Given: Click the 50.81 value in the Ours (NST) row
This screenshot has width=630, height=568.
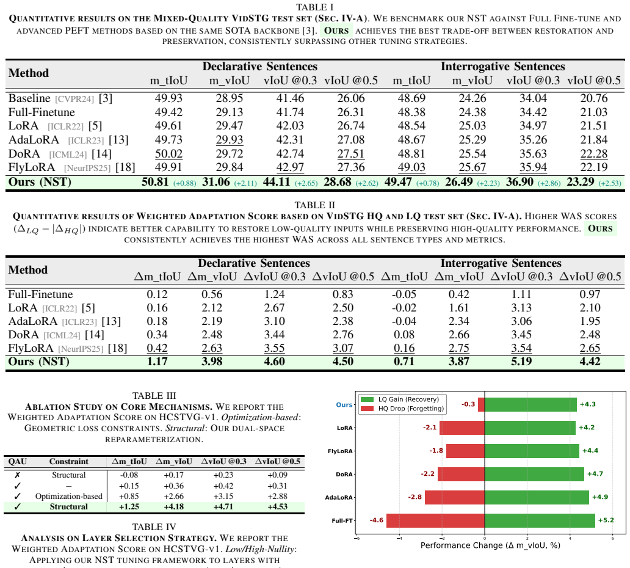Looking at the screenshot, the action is (155, 182).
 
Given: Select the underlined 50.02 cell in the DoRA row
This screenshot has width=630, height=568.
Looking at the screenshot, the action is (168, 154).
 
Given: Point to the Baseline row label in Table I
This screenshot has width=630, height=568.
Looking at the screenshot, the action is (29, 98).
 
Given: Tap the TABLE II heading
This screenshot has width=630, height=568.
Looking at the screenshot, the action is (315, 205).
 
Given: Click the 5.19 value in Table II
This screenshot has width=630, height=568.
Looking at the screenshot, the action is (521, 362).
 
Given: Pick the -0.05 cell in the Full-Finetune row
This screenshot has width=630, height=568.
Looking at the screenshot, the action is (404, 294).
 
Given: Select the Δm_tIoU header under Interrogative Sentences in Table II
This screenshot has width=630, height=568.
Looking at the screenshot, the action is (404, 277).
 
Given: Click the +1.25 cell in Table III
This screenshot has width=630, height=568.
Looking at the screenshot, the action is (129, 506).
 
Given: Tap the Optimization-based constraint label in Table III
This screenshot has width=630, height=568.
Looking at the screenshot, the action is (69, 497).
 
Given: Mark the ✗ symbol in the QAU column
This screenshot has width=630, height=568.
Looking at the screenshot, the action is (17, 475).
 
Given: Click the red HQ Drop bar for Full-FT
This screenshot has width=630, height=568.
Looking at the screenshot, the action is (435, 520).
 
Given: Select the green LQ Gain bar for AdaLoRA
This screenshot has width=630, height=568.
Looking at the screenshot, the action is (537, 497).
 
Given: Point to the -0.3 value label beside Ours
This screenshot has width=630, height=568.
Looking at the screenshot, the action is (468, 404).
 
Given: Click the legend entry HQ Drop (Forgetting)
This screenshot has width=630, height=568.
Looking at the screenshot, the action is (411, 409).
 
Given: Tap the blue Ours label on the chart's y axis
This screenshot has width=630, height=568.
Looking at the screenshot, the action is (344, 405).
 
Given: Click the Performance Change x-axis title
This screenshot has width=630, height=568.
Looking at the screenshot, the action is (490, 545).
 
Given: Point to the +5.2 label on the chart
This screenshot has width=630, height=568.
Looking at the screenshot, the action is (606, 520).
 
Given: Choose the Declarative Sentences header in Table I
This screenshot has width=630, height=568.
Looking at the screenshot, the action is (260, 67).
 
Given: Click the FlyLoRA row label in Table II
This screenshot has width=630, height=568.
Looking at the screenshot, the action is (31, 348).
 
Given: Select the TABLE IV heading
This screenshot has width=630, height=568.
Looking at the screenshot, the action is (154, 527).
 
